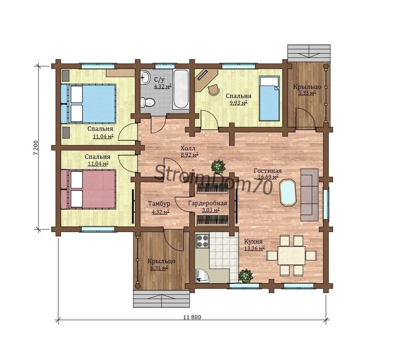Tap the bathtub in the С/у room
click(x=181, y=89)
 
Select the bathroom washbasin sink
click(x=145, y=78)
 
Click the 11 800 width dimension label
click(x=192, y=317)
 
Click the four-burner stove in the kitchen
click(x=203, y=241)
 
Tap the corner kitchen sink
click(x=203, y=276)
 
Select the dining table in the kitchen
click(x=291, y=256)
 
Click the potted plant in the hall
click(x=218, y=166)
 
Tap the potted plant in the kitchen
click(x=245, y=276)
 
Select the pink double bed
click(x=88, y=189)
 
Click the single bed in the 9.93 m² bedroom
click(x=269, y=98)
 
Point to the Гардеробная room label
click(x=208, y=203)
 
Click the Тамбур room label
click(x=159, y=204)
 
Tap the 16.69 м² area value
click(x=268, y=177)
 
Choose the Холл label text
click(x=188, y=148)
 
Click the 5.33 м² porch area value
click(x=307, y=93)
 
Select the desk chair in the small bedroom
click(x=214, y=90)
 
